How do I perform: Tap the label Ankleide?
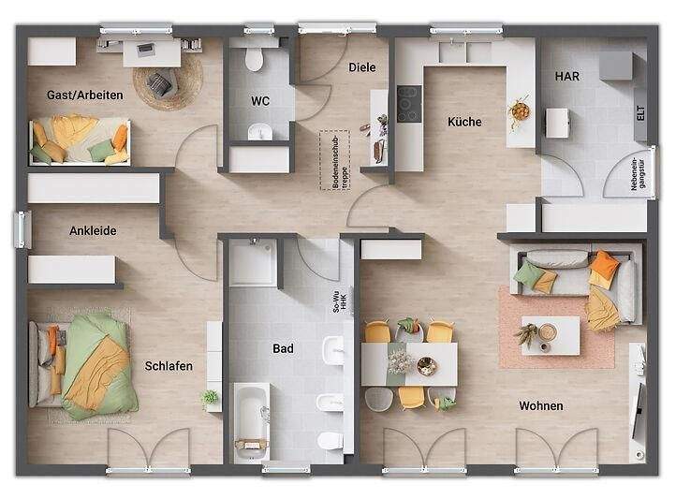[93, 229]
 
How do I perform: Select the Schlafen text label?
[169, 366]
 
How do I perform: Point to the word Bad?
[283, 348]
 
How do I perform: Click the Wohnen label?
[540, 405]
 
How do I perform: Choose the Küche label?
[464, 122]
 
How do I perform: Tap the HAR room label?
[566, 76]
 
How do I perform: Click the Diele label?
[361, 67]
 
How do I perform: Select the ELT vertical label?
[640, 114]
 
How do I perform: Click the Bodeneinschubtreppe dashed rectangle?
[332, 161]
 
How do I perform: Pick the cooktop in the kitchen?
[409, 104]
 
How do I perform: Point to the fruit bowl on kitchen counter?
[519, 110]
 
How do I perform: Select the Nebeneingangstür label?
[637, 175]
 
